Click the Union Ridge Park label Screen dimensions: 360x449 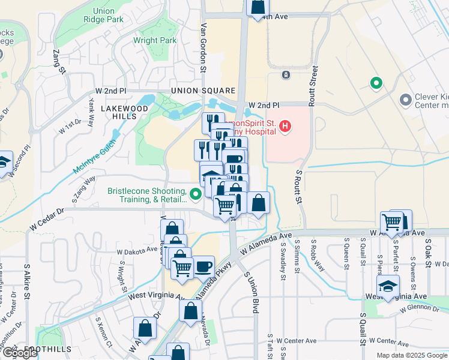109,15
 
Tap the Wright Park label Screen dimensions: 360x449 155,41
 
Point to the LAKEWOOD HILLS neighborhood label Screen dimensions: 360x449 124,112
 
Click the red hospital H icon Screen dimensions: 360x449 286,127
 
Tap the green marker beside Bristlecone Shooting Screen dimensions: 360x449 195,194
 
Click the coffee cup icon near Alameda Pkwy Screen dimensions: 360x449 203,265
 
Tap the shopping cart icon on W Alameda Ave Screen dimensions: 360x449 392,221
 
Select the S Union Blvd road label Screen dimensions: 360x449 252,292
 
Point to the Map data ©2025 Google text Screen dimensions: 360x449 411,355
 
